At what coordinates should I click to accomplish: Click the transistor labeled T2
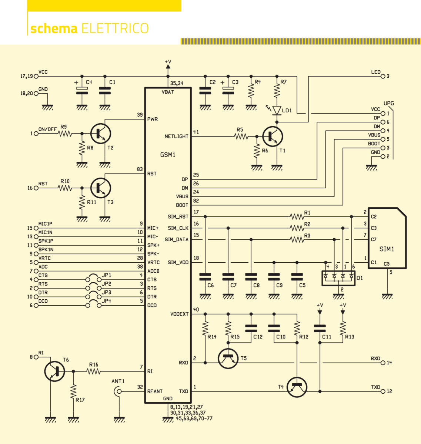pyautogui.click(x=101, y=134)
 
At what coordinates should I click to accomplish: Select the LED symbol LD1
pyautogui.click(x=277, y=110)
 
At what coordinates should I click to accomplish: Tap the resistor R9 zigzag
pyautogui.click(x=65, y=134)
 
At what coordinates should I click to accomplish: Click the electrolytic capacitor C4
pyautogui.click(x=82, y=90)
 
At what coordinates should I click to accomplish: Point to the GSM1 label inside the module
pyautogui.click(x=167, y=155)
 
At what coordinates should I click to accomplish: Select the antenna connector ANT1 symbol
pyautogui.click(x=118, y=391)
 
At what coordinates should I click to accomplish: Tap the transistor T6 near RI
pyautogui.click(x=54, y=371)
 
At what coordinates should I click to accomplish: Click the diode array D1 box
pyautogui.click(x=338, y=278)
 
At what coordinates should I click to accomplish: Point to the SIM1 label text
pyautogui.click(x=387, y=249)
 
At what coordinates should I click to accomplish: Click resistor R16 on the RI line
pyautogui.click(x=94, y=371)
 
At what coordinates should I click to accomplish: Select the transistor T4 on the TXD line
pyautogui.click(x=297, y=387)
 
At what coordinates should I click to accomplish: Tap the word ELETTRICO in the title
pyautogui.click(x=115, y=28)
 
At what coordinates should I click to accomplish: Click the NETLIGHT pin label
pyautogui.click(x=176, y=137)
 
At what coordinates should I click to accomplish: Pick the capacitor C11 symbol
pyautogui.click(x=320, y=329)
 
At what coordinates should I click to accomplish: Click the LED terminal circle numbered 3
pyautogui.click(x=383, y=76)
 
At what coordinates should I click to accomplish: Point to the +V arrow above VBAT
pyautogui.click(x=168, y=66)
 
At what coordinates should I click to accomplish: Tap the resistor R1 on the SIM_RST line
pyautogui.click(x=297, y=217)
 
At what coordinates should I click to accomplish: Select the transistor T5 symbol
pyautogui.click(x=228, y=359)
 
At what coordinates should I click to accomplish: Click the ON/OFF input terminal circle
pyautogui.click(x=36, y=134)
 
